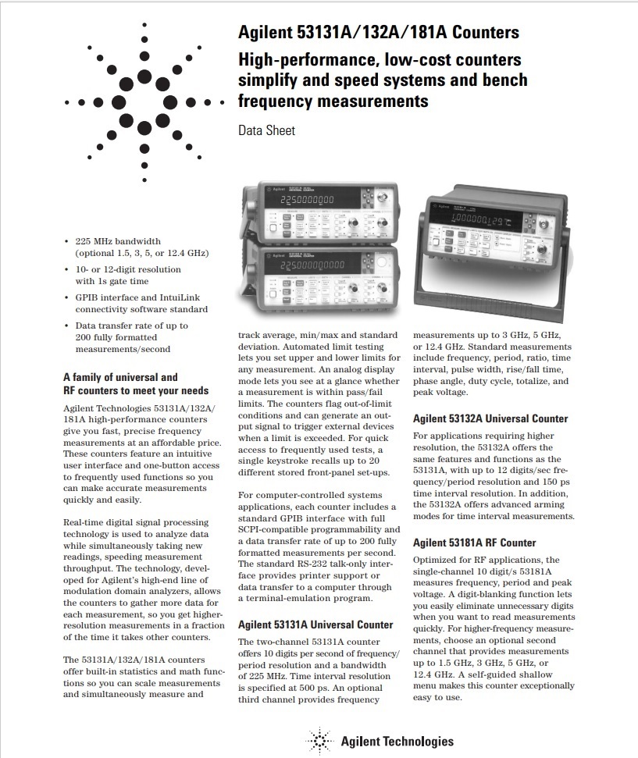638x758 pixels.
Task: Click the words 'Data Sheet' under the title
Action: tap(266, 130)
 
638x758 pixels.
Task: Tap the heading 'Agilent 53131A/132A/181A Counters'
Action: tap(379, 33)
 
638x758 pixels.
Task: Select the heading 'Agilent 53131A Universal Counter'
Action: tap(315, 625)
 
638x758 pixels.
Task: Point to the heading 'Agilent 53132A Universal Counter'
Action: tap(490, 418)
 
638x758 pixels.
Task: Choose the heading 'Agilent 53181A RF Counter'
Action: tap(474, 543)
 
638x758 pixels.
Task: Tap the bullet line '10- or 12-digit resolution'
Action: tap(128, 269)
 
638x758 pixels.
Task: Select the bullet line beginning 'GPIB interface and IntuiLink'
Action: tap(133, 297)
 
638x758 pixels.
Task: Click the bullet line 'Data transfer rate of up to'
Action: tap(131, 326)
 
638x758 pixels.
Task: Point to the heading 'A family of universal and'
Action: tap(120, 376)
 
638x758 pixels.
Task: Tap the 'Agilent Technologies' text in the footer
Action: tap(397, 741)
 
